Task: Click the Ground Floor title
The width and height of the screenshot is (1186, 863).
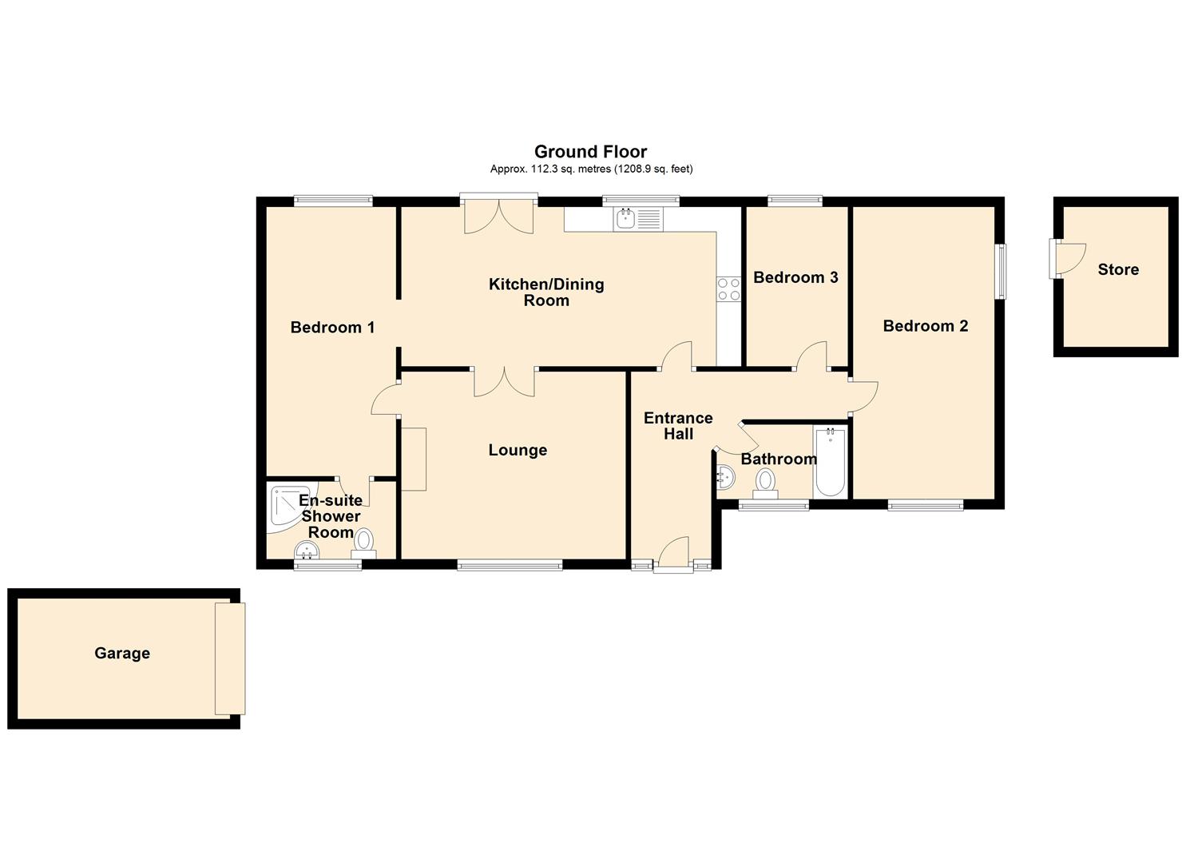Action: [590, 152]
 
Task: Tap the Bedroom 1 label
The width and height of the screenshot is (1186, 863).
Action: [332, 328]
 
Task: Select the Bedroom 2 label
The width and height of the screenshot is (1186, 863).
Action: [925, 326]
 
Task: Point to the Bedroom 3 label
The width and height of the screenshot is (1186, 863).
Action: [795, 277]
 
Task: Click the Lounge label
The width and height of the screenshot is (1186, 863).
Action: [518, 451]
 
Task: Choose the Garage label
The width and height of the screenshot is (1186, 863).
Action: [122, 654]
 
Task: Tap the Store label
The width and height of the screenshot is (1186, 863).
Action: [1117, 270]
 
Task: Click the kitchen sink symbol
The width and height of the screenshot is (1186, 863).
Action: [637, 219]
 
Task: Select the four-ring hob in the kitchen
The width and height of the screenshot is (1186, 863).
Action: [728, 288]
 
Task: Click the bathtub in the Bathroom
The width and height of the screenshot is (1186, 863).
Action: [831, 463]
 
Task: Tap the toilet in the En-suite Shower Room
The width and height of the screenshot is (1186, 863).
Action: [364, 543]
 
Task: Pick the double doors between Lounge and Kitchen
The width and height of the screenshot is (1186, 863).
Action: [504, 381]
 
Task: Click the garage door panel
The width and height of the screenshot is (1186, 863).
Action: [230, 658]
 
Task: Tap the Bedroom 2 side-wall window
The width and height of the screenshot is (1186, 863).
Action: [1000, 272]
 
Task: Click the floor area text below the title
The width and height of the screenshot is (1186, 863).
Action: [590, 169]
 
